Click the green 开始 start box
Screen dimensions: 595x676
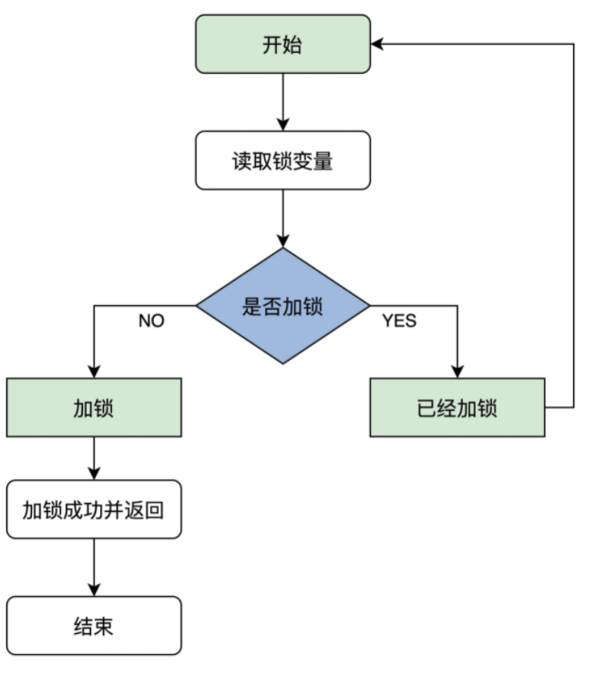pyautogui.click(x=282, y=44)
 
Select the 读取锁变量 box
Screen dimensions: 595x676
pyautogui.click(x=282, y=160)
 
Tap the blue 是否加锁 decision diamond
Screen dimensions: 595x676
pyautogui.click(x=282, y=306)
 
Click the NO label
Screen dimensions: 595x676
pyautogui.click(x=151, y=321)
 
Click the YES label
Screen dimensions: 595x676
pyautogui.click(x=399, y=321)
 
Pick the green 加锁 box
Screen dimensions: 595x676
pyautogui.click(x=94, y=407)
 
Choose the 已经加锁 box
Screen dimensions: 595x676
pyautogui.click(x=457, y=407)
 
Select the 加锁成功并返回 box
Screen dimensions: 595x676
pyautogui.click(x=94, y=509)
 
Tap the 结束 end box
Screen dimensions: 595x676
pyautogui.click(x=94, y=626)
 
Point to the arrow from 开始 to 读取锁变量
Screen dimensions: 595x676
pyautogui.click(x=282, y=102)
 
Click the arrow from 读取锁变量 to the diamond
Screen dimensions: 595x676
pyautogui.click(x=282, y=219)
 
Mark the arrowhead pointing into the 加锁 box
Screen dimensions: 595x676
pyautogui.click(x=94, y=372)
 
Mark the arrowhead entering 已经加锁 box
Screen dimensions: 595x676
pyautogui.click(x=457, y=372)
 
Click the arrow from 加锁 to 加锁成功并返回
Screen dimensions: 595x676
pyautogui.click(x=94, y=458)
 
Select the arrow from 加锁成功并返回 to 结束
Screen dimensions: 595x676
pyautogui.click(x=94, y=568)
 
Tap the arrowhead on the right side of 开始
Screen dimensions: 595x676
pyautogui.click(x=377, y=44)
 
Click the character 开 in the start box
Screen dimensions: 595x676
pyautogui.click(x=272, y=45)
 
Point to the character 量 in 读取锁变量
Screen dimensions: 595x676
pyautogui.click(x=323, y=161)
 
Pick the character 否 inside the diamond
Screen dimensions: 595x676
pyautogui.click(x=272, y=306)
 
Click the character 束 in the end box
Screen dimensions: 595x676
pyautogui.click(x=104, y=627)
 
